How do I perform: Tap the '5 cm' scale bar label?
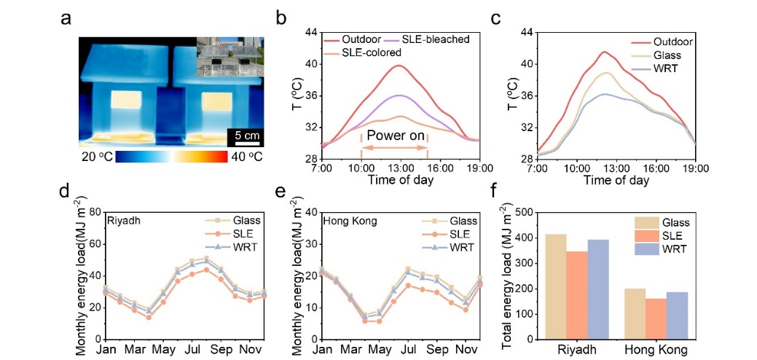[x=242, y=135]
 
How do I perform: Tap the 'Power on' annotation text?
[x=394, y=136]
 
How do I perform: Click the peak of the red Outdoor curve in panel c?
[x=604, y=52]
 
